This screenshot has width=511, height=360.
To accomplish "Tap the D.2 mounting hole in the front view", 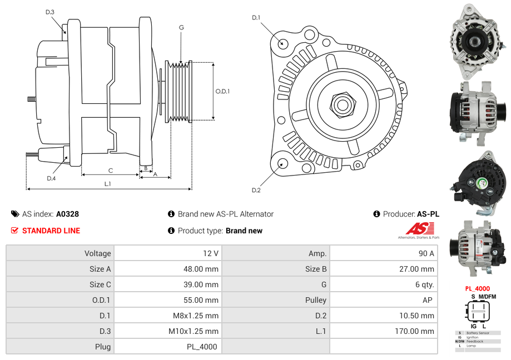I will tap(282, 164).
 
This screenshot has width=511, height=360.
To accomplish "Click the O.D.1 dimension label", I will tap(222, 92).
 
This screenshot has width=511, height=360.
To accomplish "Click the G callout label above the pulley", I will tap(181, 28).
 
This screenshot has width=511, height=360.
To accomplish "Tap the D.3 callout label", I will tap(50, 12).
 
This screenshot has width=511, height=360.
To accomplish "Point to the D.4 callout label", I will tap(51, 178).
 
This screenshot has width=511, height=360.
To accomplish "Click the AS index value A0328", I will tap(67, 214).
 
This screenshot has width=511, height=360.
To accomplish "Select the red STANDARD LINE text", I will tap(51, 231).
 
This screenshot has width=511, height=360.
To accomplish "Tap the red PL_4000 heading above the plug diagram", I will tap(477, 289).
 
